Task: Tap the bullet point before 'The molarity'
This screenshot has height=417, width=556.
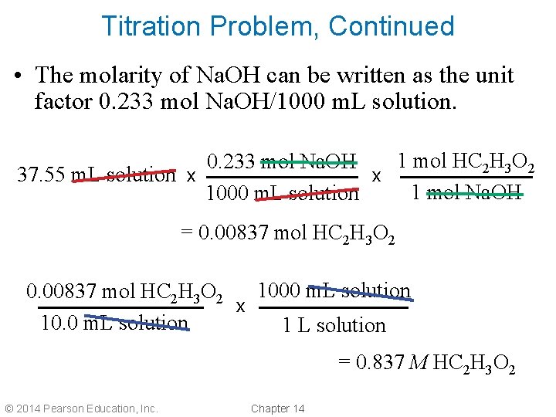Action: click(x=17, y=76)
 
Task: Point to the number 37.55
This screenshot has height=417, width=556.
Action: click(x=42, y=175)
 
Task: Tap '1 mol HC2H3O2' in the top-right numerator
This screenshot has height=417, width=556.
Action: click(x=464, y=162)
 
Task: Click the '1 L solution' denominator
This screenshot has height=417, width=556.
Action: click(x=334, y=325)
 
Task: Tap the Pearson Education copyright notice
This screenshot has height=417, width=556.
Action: click(x=81, y=408)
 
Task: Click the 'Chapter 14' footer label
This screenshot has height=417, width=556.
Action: click(x=278, y=408)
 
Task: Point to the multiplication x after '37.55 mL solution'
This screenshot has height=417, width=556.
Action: click(x=191, y=176)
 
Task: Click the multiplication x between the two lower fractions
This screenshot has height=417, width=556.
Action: click(x=241, y=307)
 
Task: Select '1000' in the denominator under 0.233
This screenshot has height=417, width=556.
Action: click(x=226, y=193)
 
